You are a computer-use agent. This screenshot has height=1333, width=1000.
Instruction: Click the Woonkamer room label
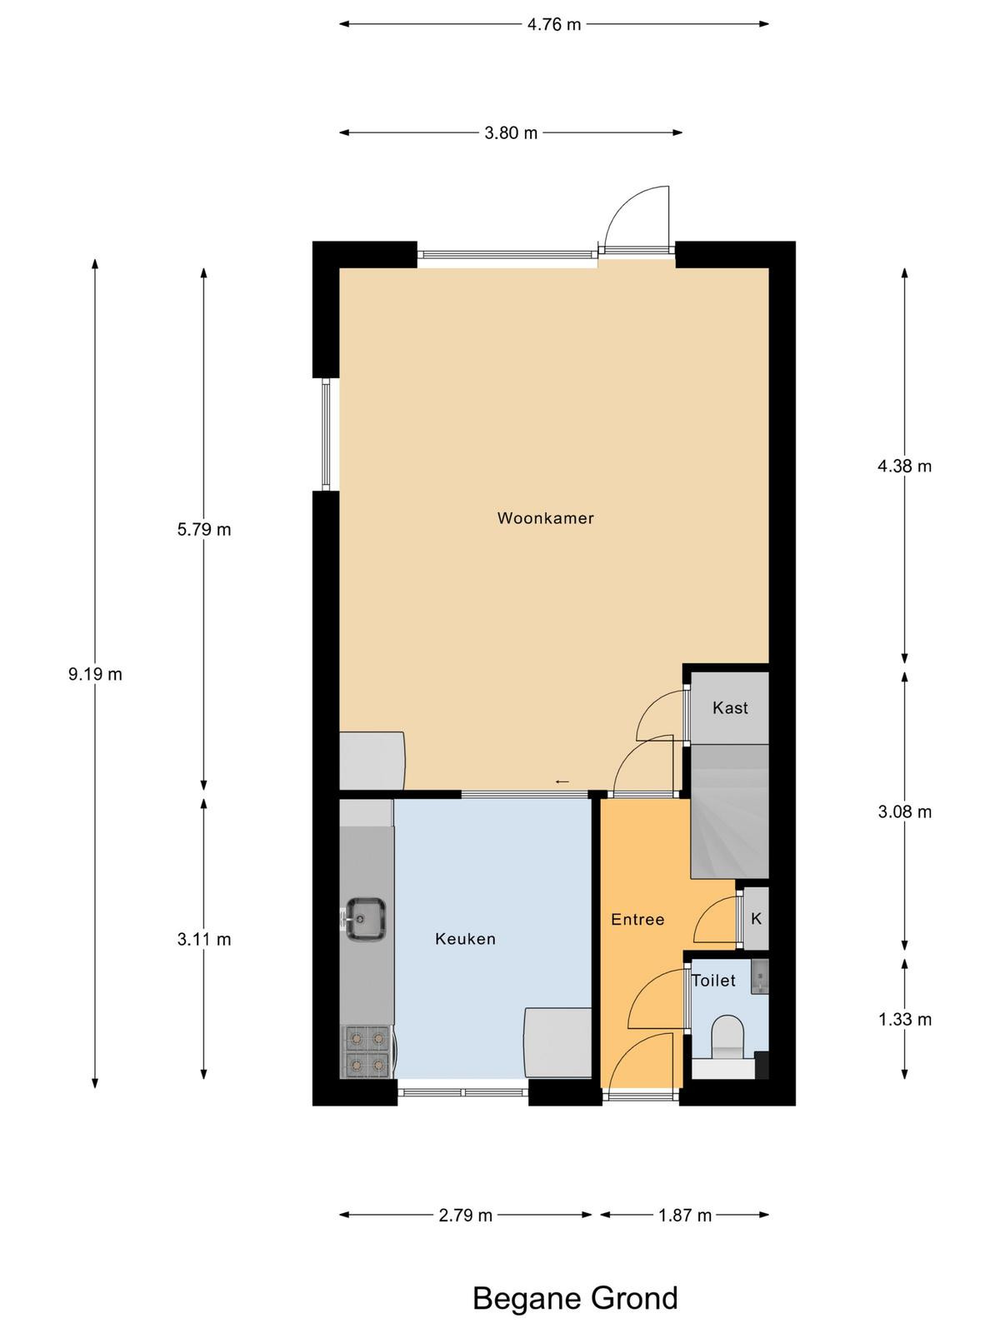[x=545, y=518]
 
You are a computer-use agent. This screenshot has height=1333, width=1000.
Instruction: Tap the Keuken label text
[x=465, y=939]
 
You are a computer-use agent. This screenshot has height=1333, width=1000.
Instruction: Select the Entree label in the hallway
[x=637, y=920]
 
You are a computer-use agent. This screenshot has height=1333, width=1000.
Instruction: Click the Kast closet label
[x=730, y=707]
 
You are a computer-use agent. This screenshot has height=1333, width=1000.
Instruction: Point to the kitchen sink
[x=366, y=918]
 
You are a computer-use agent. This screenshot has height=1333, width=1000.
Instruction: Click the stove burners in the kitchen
[x=367, y=1052]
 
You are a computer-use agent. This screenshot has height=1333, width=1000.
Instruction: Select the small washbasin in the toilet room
[x=759, y=976]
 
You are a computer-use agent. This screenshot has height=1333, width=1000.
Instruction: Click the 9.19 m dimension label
[x=95, y=674]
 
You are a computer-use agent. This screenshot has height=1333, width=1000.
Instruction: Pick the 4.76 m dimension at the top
[x=553, y=24]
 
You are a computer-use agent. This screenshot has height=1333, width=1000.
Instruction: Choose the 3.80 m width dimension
[x=511, y=132]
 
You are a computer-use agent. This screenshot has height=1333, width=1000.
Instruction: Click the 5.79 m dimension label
[x=204, y=530]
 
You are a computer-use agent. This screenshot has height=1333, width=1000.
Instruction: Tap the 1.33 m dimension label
[x=905, y=1019]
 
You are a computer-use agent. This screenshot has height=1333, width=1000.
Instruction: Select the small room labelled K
[x=756, y=918]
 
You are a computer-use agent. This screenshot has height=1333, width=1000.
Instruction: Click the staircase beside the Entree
[x=730, y=811]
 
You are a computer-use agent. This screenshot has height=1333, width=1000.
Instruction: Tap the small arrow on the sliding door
[x=562, y=781]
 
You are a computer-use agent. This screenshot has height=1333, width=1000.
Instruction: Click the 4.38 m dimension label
[x=905, y=466]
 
